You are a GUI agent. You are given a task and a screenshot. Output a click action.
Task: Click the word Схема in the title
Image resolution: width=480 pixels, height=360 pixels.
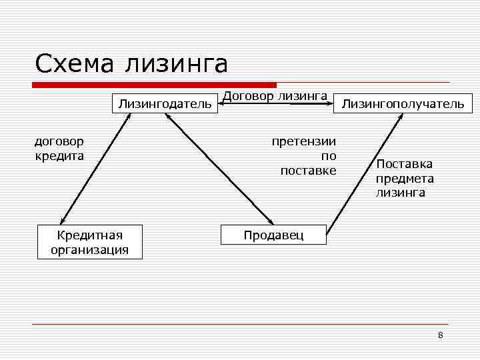pos(75,64)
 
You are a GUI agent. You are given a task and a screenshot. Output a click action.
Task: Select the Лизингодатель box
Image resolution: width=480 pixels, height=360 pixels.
pos(165,103)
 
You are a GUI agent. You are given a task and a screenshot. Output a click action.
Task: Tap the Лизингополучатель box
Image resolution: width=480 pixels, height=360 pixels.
pos(403,103)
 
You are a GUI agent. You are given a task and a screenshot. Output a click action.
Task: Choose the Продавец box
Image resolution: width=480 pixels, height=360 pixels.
pos(273,235)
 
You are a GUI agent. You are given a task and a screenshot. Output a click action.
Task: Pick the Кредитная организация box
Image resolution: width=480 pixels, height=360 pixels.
pos(90,242)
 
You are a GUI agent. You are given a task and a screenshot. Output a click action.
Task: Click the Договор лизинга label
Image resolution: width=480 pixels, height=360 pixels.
pos(275,97)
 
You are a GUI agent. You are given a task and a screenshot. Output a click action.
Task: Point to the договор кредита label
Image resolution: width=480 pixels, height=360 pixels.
pos(59,149)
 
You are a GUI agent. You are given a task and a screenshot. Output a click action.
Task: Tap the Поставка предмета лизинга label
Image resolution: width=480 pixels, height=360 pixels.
pos(405,178)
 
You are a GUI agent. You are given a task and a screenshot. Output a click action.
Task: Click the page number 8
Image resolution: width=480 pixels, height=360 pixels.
pos(440,335)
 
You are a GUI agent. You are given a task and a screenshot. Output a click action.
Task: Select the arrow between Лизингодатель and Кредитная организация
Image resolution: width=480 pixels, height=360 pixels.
pos(93,169)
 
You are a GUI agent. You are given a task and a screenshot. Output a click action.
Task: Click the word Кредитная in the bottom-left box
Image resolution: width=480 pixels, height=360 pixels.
pos(90,235)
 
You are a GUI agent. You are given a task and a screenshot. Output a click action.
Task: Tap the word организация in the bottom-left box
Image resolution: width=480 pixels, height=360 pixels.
pos(90,250)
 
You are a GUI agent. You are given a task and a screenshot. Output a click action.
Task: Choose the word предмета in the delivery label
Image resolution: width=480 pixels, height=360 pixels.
pos(405,179)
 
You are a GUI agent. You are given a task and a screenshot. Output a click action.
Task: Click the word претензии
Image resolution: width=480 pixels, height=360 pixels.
pos(303,141)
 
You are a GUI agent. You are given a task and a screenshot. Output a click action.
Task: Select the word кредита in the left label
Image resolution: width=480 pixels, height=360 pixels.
pos(59,156)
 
